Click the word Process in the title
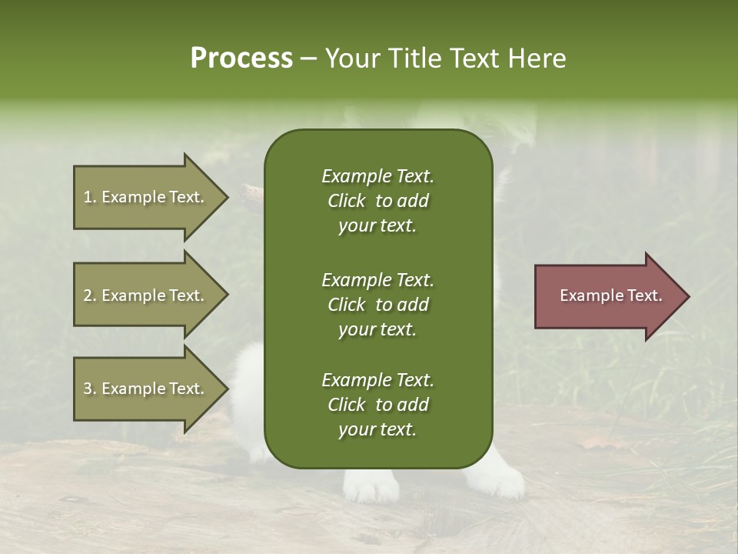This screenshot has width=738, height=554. click(x=241, y=58)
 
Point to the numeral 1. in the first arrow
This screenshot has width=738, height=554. click(x=89, y=197)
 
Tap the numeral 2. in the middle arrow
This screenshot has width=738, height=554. click(x=89, y=295)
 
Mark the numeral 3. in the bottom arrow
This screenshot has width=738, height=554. click(x=89, y=389)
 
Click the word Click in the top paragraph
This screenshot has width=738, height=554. click(x=346, y=201)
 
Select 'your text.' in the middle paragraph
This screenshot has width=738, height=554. click(x=377, y=329)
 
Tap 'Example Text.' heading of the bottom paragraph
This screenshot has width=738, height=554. click(x=377, y=380)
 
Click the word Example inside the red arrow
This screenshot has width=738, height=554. click(x=583, y=295)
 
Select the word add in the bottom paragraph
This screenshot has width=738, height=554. click(x=414, y=405)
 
